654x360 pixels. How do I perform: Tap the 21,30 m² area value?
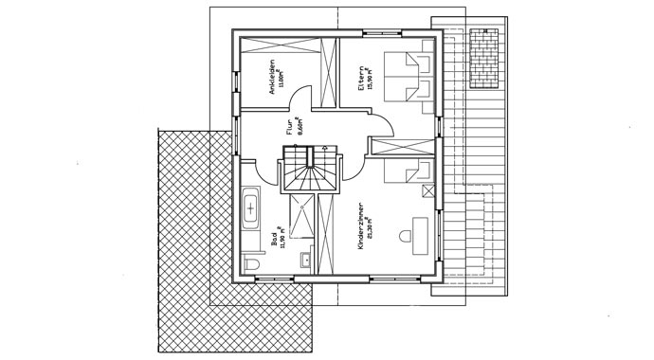[x=371, y=229]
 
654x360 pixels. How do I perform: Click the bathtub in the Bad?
[x=252, y=207]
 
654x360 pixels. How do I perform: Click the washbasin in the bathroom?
[x=308, y=258]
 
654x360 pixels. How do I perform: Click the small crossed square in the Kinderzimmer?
[x=429, y=190]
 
